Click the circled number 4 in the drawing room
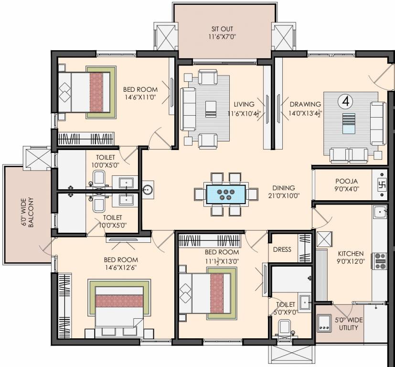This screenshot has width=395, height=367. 345,101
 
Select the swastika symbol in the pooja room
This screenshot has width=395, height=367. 382,183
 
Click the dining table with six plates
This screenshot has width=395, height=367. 226,194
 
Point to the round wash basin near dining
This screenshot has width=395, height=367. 148,190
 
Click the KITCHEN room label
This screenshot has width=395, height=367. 351,253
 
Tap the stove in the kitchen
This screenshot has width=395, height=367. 381,261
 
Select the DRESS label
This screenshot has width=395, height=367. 282,249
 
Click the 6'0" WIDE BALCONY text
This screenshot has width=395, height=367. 28,212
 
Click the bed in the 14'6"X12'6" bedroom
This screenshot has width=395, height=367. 120,308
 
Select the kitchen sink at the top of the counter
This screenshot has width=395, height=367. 380,211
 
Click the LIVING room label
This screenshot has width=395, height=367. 244,104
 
